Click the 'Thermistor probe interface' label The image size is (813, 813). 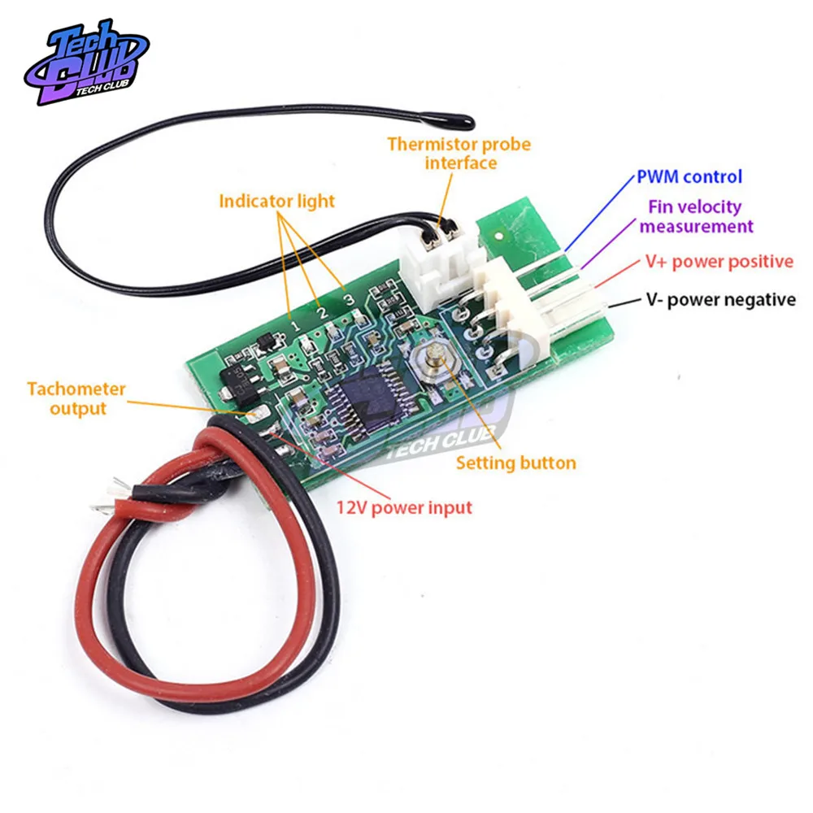(459, 154)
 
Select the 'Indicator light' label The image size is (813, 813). (276, 200)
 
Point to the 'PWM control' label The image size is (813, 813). (689, 176)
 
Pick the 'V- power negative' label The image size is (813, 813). (720, 300)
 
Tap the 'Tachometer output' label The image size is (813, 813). (76, 398)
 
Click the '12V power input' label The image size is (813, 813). (404, 507)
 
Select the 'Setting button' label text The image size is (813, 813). (515, 463)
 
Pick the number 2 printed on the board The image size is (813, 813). (322, 312)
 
